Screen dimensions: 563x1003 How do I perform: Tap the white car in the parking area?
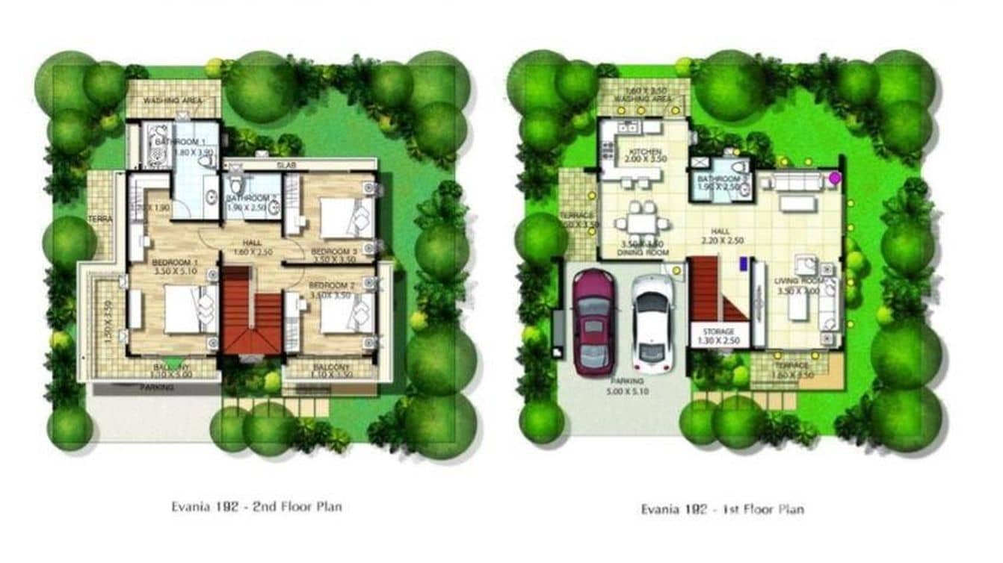tap(652, 323)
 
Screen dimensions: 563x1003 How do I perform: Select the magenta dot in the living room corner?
tap(834, 178)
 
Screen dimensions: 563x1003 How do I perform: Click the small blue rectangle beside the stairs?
tap(743, 262)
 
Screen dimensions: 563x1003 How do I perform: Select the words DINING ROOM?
tap(643, 252)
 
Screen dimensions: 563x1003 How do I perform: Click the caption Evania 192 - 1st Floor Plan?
tap(722, 509)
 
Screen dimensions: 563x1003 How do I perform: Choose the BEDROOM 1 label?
tap(175, 263)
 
